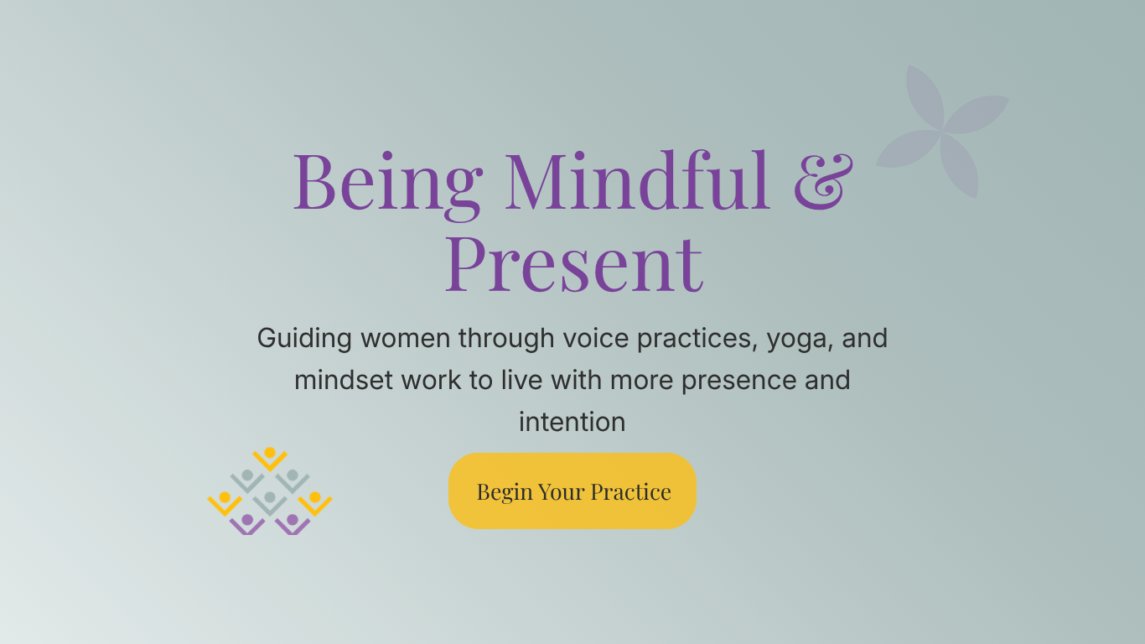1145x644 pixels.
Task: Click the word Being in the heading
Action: [387, 182]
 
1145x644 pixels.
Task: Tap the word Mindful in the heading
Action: [638, 180]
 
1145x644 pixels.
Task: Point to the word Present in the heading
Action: [573, 262]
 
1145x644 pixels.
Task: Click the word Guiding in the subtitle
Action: [304, 339]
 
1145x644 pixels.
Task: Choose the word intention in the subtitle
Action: [572, 421]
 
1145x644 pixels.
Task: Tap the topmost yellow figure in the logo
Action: [270, 458]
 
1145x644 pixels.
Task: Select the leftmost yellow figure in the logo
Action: [225, 502]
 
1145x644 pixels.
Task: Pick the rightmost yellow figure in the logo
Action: [315, 502]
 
